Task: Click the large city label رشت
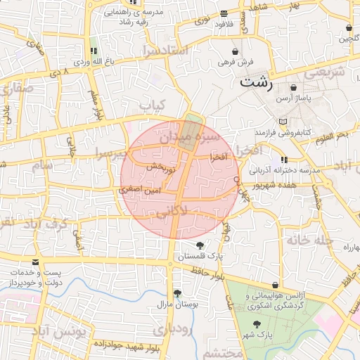click(x=256, y=82)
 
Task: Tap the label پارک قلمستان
click(x=200, y=257)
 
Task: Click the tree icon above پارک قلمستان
click(x=200, y=245)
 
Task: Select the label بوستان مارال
click(x=179, y=304)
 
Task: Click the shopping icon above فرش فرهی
click(x=235, y=51)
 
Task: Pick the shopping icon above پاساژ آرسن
click(x=294, y=88)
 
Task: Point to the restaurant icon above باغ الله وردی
click(x=94, y=51)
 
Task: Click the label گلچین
click(x=347, y=39)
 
